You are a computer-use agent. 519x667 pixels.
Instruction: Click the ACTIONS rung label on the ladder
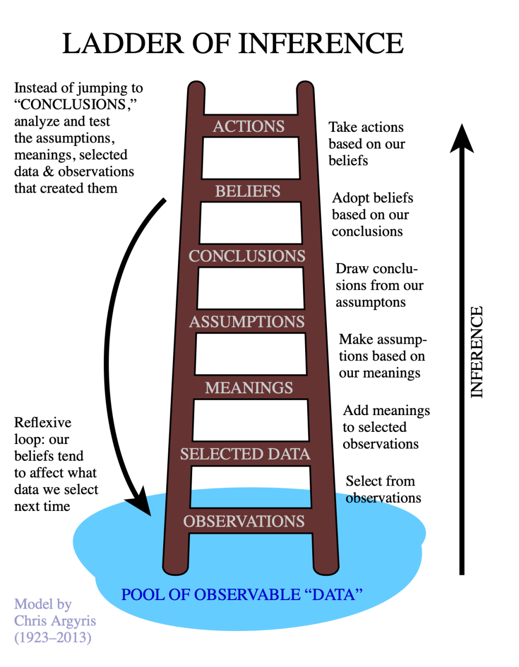[x=248, y=126]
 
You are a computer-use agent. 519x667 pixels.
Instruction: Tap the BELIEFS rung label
[x=247, y=191]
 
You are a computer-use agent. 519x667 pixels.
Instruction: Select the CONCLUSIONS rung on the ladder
[x=247, y=256]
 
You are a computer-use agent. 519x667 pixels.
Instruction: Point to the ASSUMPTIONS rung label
[x=247, y=321]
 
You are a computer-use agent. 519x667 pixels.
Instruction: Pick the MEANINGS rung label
[x=249, y=388]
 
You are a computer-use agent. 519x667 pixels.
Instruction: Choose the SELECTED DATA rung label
[x=245, y=454]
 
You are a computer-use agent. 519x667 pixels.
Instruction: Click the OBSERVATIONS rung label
[x=244, y=521]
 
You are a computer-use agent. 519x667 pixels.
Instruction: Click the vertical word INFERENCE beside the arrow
[x=476, y=352]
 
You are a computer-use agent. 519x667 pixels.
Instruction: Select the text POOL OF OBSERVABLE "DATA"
[x=242, y=595]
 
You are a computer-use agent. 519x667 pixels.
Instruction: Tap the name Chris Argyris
[x=55, y=621]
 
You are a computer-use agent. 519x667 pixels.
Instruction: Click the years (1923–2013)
[x=53, y=637]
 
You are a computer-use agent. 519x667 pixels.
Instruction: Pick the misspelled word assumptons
[x=370, y=303]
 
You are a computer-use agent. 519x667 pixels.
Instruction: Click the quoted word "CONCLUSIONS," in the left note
[x=75, y=104]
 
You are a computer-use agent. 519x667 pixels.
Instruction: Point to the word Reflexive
[x=43, y=423]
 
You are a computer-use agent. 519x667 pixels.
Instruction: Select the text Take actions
[x=366, y=127]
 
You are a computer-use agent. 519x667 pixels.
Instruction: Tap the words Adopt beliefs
[x=373, y=198]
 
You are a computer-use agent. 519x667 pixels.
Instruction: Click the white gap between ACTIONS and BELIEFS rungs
[x=250, y=158]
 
